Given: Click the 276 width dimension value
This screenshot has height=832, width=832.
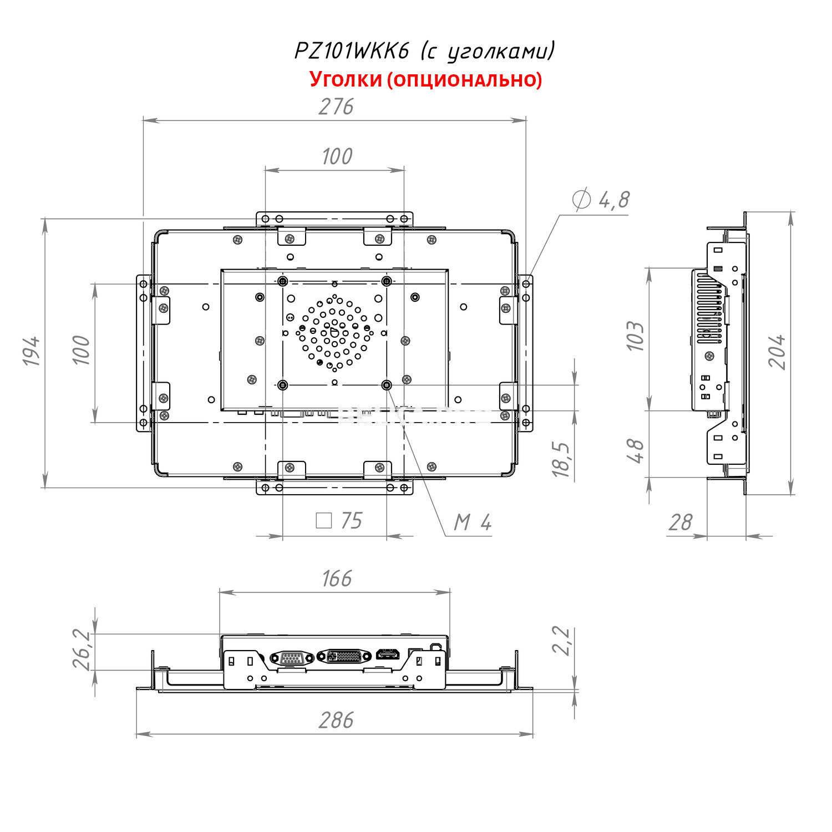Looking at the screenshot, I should tap(336, 106).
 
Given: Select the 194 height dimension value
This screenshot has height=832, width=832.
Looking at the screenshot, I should tap(32, 351).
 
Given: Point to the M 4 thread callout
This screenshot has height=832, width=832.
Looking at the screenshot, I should tap(473, 522).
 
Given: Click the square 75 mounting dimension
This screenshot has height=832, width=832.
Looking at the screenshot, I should tap(339, 521).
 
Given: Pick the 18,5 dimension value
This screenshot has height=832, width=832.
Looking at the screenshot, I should tap(561, 459).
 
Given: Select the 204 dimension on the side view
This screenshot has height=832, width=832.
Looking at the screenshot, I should tap(778, 352).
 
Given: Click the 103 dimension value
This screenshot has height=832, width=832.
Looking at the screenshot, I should tap(636, 336).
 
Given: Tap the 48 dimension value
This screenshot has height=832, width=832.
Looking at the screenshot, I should tap(636, 450).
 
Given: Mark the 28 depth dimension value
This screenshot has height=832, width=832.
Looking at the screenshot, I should tap(681, 522).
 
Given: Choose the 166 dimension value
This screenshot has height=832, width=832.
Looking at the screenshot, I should tap(336, 579).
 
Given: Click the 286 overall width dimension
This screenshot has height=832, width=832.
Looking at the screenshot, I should tap(336, 720).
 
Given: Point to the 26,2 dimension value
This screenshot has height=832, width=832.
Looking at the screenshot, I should tap(82, 650).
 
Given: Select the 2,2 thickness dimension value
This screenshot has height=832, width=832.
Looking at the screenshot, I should tap(562, 641).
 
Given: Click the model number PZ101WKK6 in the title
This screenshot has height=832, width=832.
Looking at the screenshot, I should tap(351, 51).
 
